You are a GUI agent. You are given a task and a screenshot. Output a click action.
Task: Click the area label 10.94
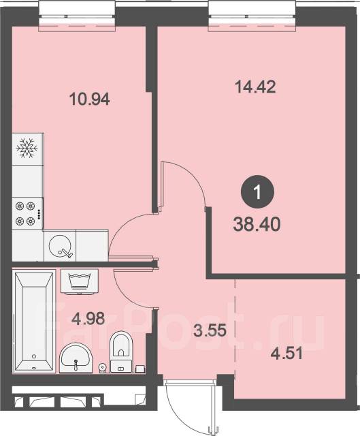[x=89, y=99]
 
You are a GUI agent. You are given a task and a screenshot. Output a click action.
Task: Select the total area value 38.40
[x=256, y=223]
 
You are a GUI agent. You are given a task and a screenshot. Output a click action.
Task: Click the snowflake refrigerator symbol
[x=27, y=149]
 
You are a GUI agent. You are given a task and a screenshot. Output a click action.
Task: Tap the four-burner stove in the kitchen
[x=27, y=213]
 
